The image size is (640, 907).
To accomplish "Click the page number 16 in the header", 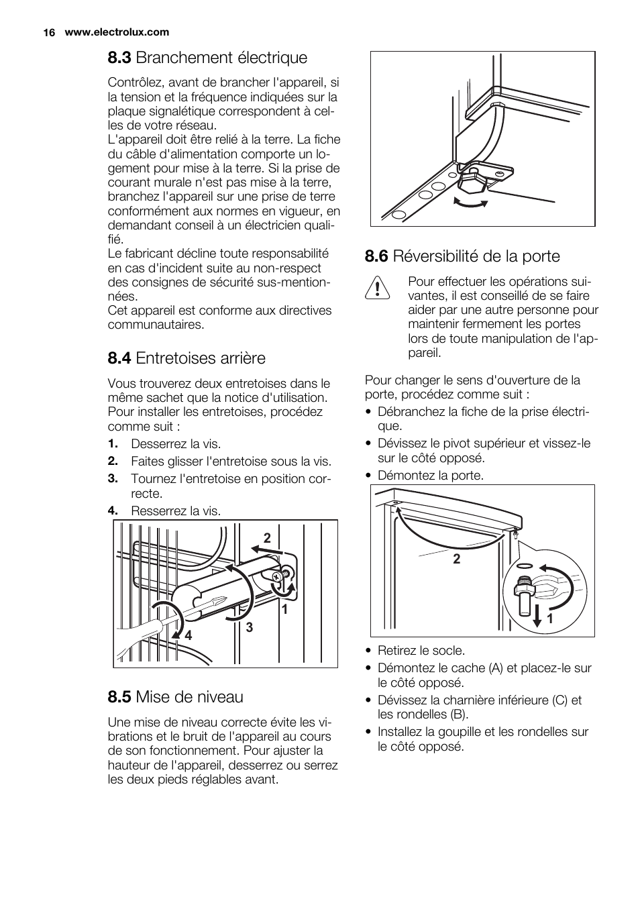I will (x=48, y=32).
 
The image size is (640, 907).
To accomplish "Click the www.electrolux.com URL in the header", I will (x=117, y=32).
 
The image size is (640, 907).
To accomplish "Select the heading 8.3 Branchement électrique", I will (x=207, y=58).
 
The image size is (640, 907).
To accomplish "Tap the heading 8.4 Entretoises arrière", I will (x=186, y=358).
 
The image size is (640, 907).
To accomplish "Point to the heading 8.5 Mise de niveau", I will (x=175, y=697).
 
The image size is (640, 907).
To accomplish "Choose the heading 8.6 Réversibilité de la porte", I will (x=462, y=256).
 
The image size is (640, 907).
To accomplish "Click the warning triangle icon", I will (x=378, y=288).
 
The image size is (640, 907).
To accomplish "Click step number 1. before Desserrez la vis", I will (x=113, y=444).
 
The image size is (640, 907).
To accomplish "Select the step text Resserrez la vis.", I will (x=175, y=511).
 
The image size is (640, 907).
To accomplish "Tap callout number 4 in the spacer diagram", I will (x=189, y=635).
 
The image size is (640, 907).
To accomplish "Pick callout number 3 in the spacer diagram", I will (x=249, y=628).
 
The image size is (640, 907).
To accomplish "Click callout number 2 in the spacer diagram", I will (x=266, y=538).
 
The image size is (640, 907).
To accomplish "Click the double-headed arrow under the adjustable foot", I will (x=471, y=203).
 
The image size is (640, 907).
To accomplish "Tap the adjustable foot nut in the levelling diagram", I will (x=470, y=181).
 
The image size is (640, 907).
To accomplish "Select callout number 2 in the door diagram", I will (x=456, y=559).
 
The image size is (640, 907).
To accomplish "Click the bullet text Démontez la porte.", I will (x=430, y=476).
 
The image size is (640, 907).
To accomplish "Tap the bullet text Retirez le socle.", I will (x=421, y=651).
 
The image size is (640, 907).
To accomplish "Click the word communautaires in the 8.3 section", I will (x=156, y=325).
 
